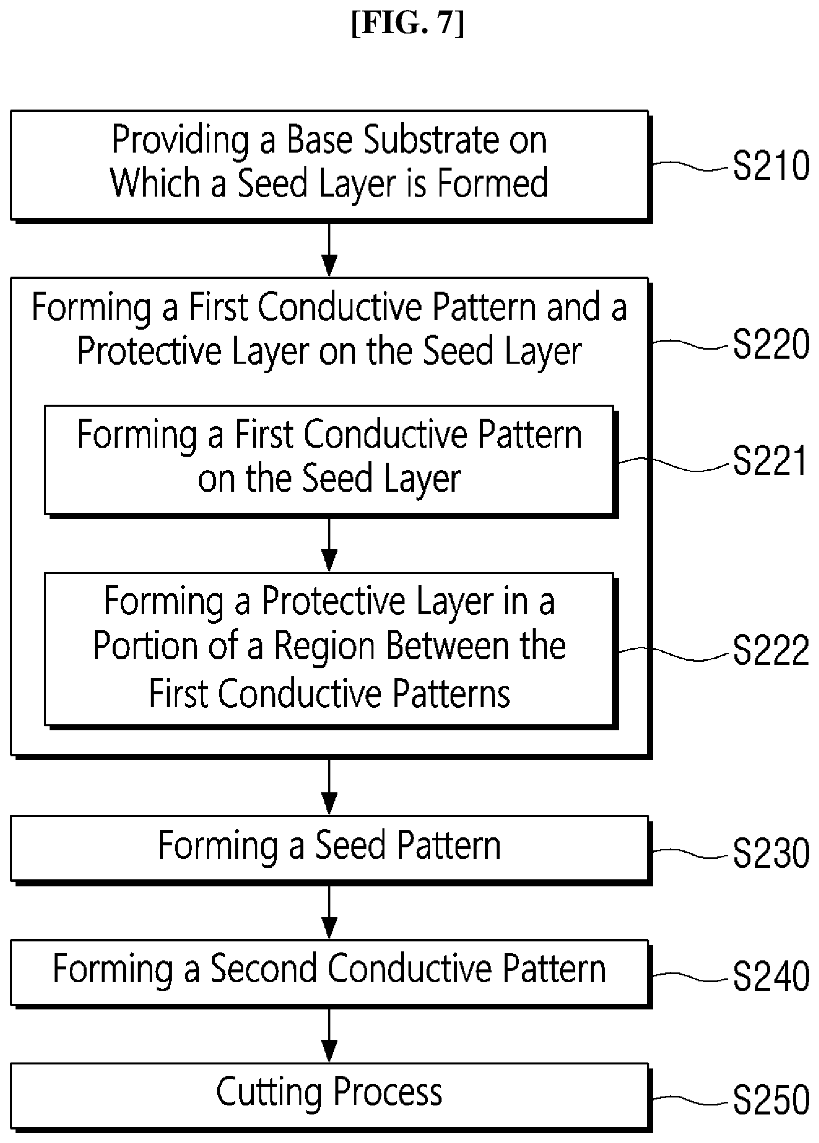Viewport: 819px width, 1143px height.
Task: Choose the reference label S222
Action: click(771, 650)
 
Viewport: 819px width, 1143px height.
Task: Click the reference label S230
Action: click(771, 853)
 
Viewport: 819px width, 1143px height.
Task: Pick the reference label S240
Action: click(771, 977)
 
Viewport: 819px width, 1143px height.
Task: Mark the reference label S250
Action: click(771, 1100)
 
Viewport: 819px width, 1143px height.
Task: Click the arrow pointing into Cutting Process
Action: click(329, 1035)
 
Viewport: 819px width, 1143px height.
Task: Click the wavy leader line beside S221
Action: click(674, 465)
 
